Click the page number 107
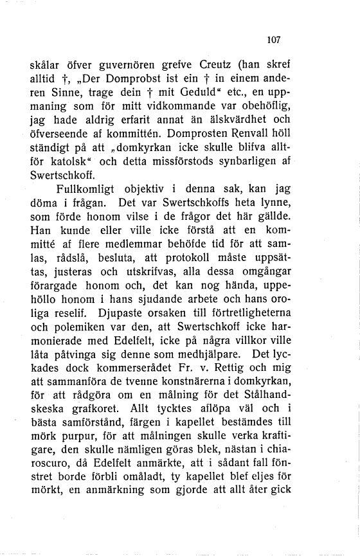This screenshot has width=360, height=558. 274,39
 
